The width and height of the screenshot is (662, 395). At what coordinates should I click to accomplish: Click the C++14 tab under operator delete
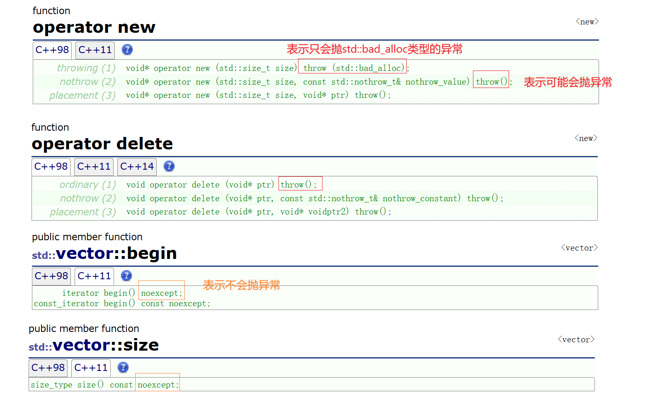(x=137, y=166)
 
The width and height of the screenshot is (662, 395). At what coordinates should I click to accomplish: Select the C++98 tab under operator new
(x=52, y=50)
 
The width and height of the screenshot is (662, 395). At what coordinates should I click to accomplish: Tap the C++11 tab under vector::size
(x=91, y=368)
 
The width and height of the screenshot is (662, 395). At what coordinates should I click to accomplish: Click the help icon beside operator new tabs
(x=127, y=50)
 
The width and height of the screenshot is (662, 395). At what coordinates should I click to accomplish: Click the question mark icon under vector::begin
(x=126, y=276)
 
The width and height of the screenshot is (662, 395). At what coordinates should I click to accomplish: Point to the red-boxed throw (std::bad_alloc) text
(x=352, y=68)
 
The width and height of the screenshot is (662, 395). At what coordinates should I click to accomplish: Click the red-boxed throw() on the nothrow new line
(x=491, y=82)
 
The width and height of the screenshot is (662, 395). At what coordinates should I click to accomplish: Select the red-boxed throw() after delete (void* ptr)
(x=299, y=184)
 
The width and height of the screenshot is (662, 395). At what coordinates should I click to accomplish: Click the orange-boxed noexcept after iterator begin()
(x=161, y=293)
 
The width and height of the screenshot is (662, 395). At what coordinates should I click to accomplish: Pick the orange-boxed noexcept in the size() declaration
(x=158, y=385)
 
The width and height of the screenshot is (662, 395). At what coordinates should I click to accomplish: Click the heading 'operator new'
(x=94, y=27)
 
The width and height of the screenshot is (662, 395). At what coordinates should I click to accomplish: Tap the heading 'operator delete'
(x=102, y=144)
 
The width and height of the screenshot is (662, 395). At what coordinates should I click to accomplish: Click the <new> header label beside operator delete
(x=586, y=138)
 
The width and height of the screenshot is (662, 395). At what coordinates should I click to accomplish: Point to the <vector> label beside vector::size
(x=576, y=339)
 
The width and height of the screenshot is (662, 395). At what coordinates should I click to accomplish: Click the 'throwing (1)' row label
(x=86, y=68)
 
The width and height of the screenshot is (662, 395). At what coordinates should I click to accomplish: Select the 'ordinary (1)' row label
(x=87, y=185)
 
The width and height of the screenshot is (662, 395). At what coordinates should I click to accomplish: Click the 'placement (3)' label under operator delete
(x=83, y=212)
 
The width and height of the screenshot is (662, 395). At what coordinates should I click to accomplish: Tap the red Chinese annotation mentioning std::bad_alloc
(x=374, y=49)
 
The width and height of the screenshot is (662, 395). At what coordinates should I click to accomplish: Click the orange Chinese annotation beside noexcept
(x=241, y=285)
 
